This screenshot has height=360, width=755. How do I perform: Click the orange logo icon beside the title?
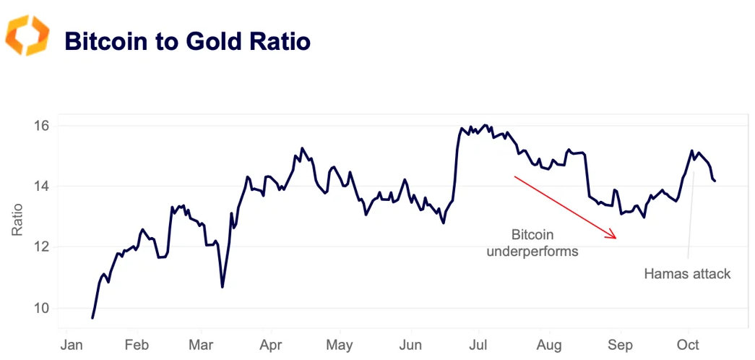tap(27, 35)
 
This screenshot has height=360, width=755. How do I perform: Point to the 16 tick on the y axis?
tap(41, 126)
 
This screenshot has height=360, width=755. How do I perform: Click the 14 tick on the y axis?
tap(41, 187)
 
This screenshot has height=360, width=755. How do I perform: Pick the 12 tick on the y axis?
tap(41, 247)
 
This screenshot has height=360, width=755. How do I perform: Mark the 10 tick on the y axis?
tap(41, 308)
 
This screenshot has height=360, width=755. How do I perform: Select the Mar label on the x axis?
tap(202, 344)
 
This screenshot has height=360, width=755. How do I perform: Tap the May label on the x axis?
tap(339, 344)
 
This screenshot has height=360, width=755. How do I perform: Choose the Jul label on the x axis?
tap(479, 344)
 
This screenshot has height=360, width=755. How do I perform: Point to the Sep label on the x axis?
tap(620, 344)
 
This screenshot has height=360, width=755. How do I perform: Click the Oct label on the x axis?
tap(688, 344)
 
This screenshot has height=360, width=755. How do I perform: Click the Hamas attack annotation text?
tap(687, 274)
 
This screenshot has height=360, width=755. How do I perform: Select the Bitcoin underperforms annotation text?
tap(532, 243)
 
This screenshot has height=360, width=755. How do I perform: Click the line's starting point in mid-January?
tap(92, 318)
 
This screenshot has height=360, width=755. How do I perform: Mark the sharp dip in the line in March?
tap(223, 287)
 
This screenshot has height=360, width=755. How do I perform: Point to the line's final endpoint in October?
tap(715, 181)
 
